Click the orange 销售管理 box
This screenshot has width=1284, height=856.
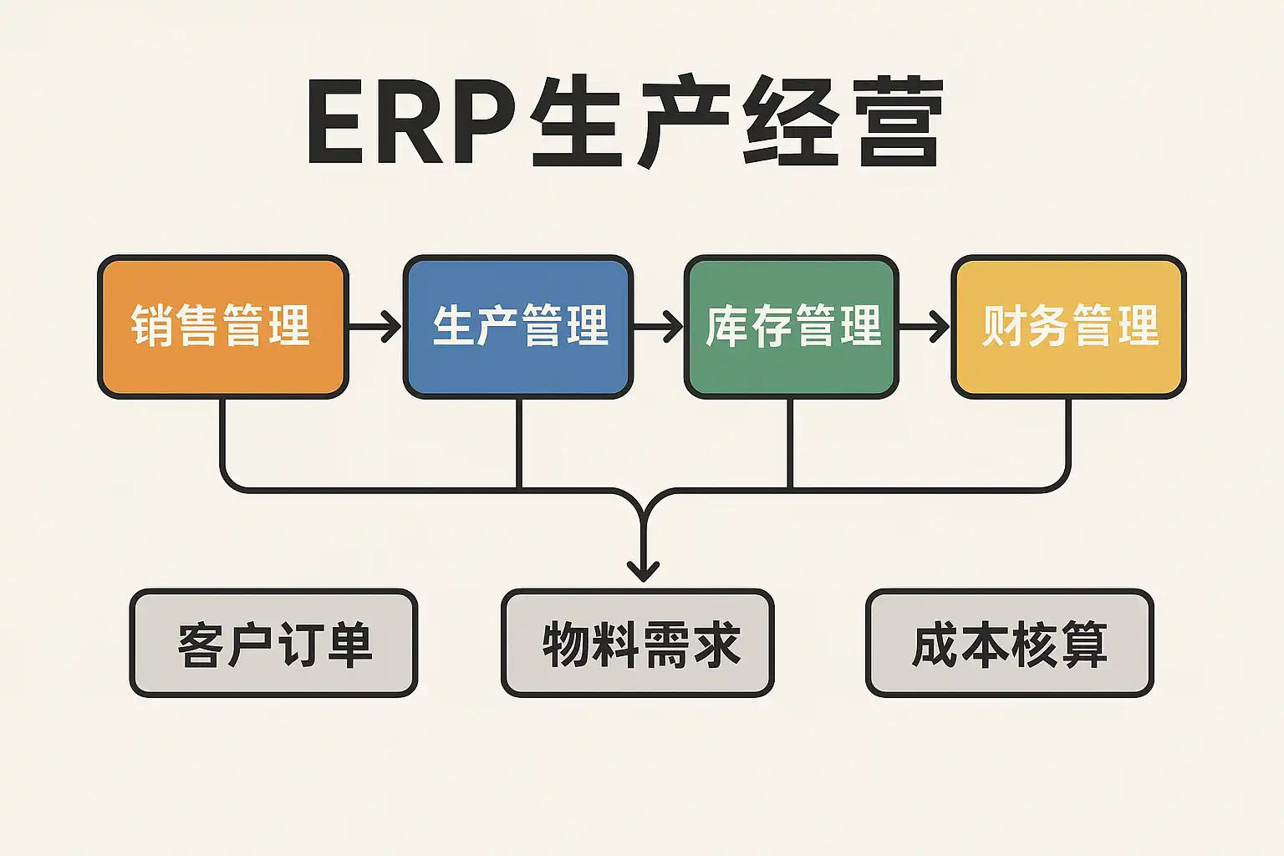(222, 326)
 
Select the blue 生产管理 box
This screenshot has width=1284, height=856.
(518, 326)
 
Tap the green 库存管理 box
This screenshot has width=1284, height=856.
(791, 326)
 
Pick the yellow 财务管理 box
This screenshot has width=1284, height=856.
(1068, 326)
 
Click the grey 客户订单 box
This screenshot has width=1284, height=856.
(273, 643)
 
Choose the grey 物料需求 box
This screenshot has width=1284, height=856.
(638, 643)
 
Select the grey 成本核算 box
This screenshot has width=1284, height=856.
(1009, 643)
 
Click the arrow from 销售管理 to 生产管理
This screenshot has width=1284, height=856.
(374, 326)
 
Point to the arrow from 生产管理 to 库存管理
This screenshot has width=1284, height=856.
(658, 326)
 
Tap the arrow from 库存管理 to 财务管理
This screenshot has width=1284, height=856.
(924, 326)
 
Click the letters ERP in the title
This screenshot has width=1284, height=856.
(410, 123)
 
